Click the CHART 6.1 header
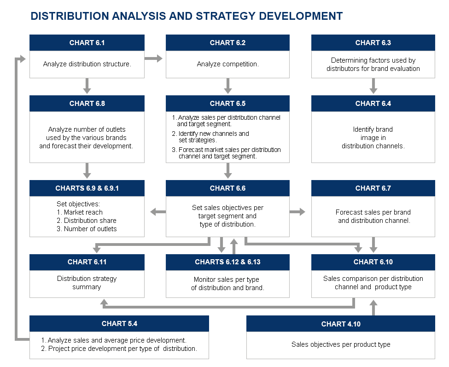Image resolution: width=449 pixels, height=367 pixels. [87, 43]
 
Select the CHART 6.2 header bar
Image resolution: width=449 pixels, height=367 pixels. [227, 43]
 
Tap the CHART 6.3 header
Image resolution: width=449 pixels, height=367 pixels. [373, 43]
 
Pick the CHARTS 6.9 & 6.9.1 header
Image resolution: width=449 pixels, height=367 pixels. [87, 188]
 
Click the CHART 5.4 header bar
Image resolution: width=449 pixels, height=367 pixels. [119, 324]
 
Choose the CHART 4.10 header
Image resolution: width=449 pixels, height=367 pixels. [341, 324]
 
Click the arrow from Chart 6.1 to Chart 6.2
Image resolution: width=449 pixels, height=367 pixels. [153, 58]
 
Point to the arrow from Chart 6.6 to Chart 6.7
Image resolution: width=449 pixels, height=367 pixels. [297, 212]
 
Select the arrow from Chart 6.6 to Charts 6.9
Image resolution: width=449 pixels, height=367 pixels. [158, 212]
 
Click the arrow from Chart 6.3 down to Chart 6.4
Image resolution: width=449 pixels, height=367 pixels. [373, 86]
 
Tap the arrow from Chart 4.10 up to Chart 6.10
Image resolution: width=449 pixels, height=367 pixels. [373, 308]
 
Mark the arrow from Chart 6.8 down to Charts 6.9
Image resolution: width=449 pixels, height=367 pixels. [87, 171]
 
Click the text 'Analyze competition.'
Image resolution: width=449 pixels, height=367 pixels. [227, 64]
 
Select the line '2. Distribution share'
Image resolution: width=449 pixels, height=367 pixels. [87, 221]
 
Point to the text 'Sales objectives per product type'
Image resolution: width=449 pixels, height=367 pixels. [341, 344]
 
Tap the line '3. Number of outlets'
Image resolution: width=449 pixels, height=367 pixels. [87, 229]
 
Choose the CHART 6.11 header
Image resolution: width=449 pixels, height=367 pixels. [87, 262]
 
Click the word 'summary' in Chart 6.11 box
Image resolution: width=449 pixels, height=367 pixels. [87, 287]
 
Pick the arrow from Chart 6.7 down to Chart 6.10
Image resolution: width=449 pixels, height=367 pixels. [373, 245]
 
